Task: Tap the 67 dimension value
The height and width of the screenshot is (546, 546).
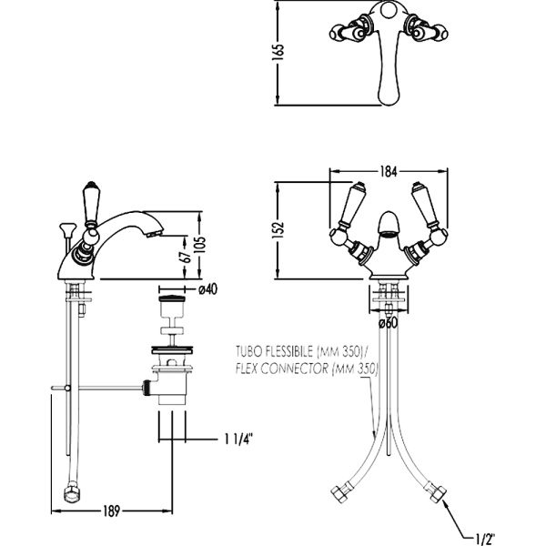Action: click(185, 258)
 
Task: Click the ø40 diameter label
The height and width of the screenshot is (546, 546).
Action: click(207, 289)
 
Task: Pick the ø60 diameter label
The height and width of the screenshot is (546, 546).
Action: click(389, 321)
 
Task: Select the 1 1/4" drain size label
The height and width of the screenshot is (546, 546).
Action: click(238, 440)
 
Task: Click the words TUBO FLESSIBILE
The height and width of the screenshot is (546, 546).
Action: click(273, 350)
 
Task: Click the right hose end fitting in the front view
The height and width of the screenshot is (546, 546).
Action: click(440, 495)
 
